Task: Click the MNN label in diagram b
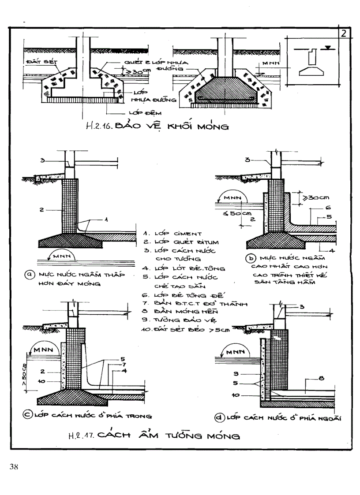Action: [231, 198]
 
